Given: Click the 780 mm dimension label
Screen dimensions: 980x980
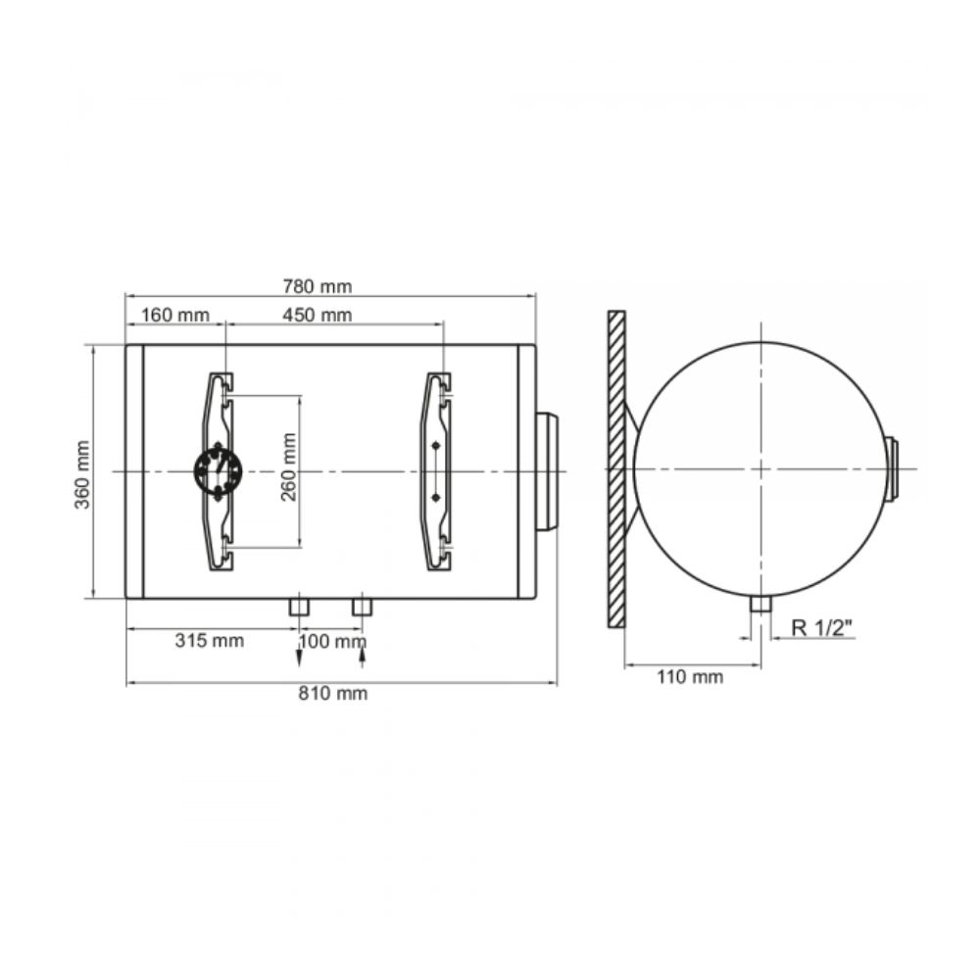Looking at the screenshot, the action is click(317, 286).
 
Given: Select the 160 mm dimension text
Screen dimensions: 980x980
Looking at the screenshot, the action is click(175, 315).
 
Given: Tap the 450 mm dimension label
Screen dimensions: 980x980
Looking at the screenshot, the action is click(317, 315).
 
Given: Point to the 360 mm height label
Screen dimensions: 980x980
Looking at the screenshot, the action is click(82, 474).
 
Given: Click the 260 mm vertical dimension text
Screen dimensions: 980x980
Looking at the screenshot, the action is click(288, 466).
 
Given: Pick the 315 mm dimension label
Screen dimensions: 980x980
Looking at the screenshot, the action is click(210, 641).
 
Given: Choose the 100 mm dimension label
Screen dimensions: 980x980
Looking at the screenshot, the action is click(332, 641).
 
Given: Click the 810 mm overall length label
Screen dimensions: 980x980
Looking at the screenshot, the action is click(332, 693).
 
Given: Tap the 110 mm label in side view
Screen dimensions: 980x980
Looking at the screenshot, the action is click(690, 676).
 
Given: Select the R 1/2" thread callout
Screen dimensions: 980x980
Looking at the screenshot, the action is click(822, 627).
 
